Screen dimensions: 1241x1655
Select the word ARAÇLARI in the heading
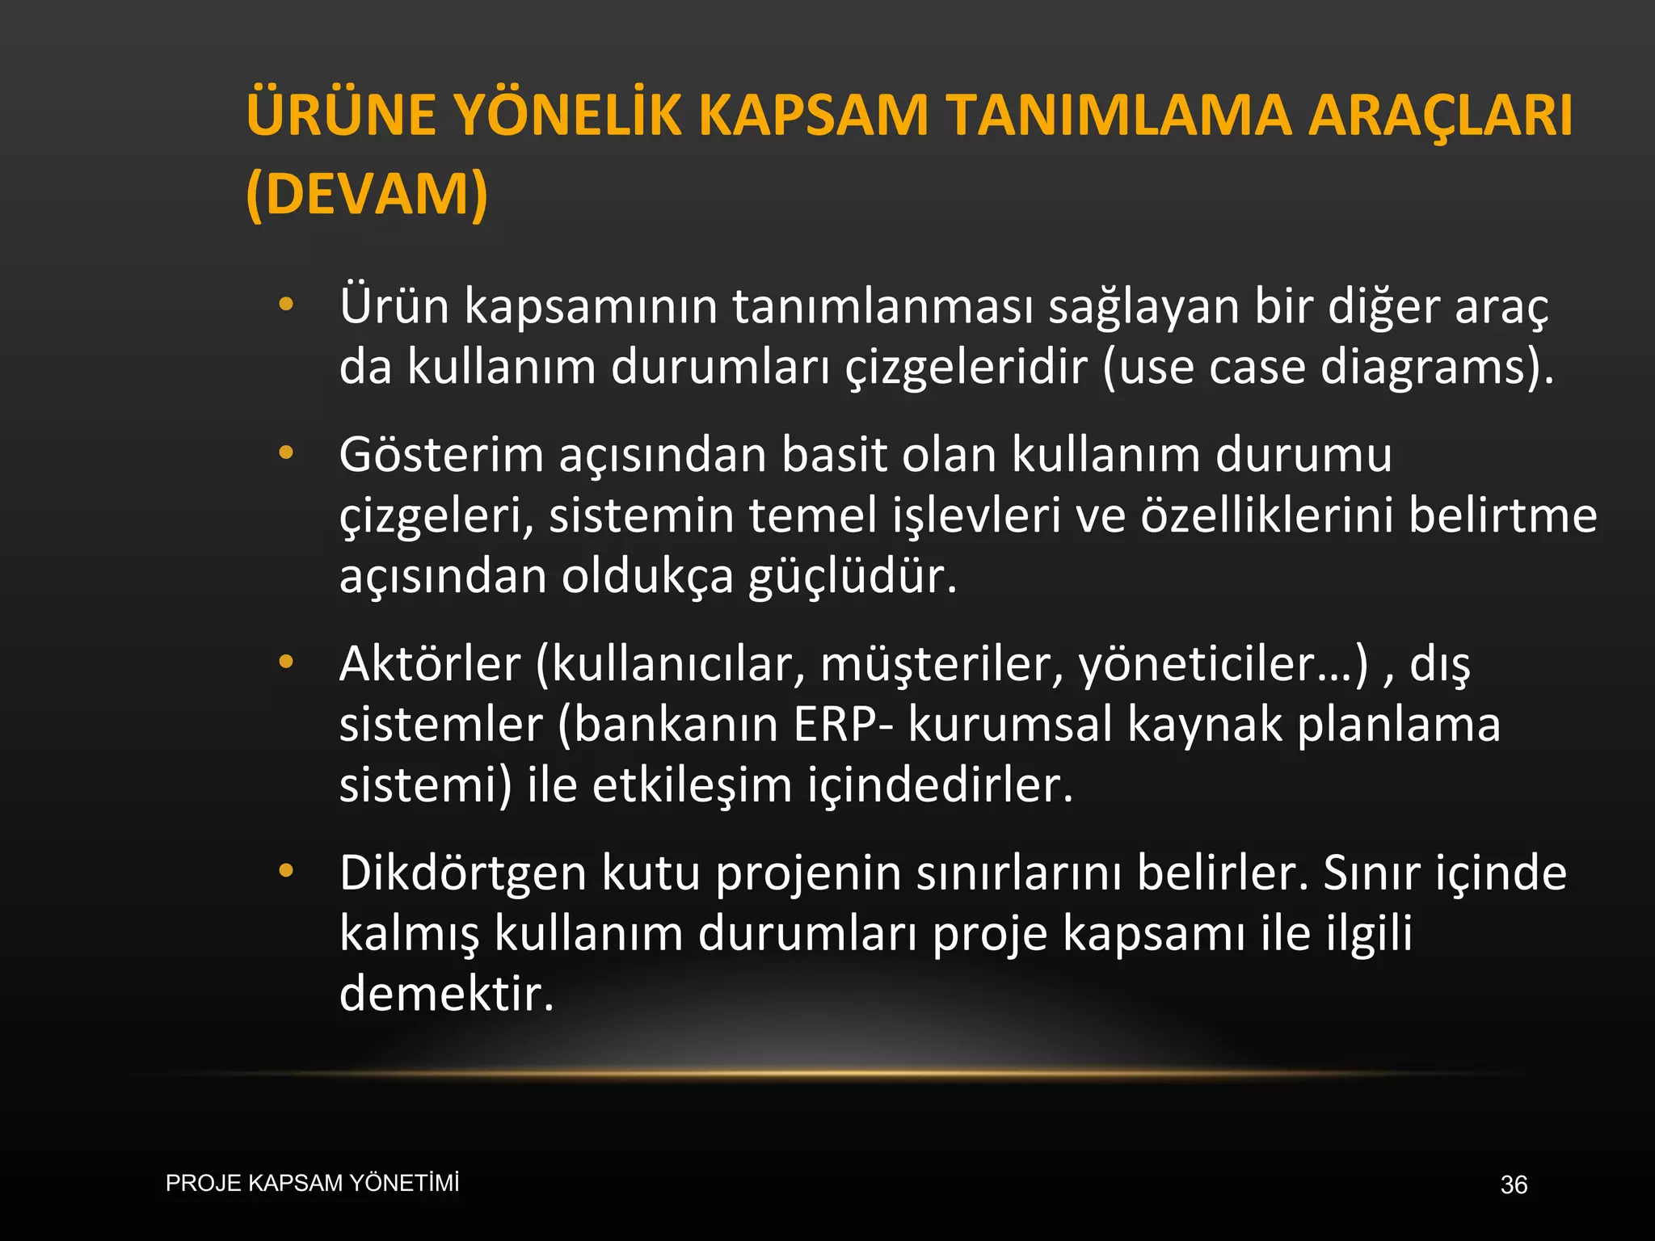click(1440, 115)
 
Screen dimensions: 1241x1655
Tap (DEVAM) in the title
click(367, 194)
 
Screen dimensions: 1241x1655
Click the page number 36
click(1514, 1184)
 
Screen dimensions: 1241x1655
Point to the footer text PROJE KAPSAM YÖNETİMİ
click(312, 1183)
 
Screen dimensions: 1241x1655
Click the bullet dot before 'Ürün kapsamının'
click(285, 305)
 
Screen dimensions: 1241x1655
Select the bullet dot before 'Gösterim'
click(285, 453)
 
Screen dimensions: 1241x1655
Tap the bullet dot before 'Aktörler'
click(285, 663)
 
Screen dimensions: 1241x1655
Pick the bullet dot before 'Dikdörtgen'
click(285, 872)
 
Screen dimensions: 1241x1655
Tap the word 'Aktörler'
click(430, 664)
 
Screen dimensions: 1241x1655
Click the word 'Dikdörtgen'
click(462, 874)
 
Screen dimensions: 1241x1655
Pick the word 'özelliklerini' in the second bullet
click(1266, 515)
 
